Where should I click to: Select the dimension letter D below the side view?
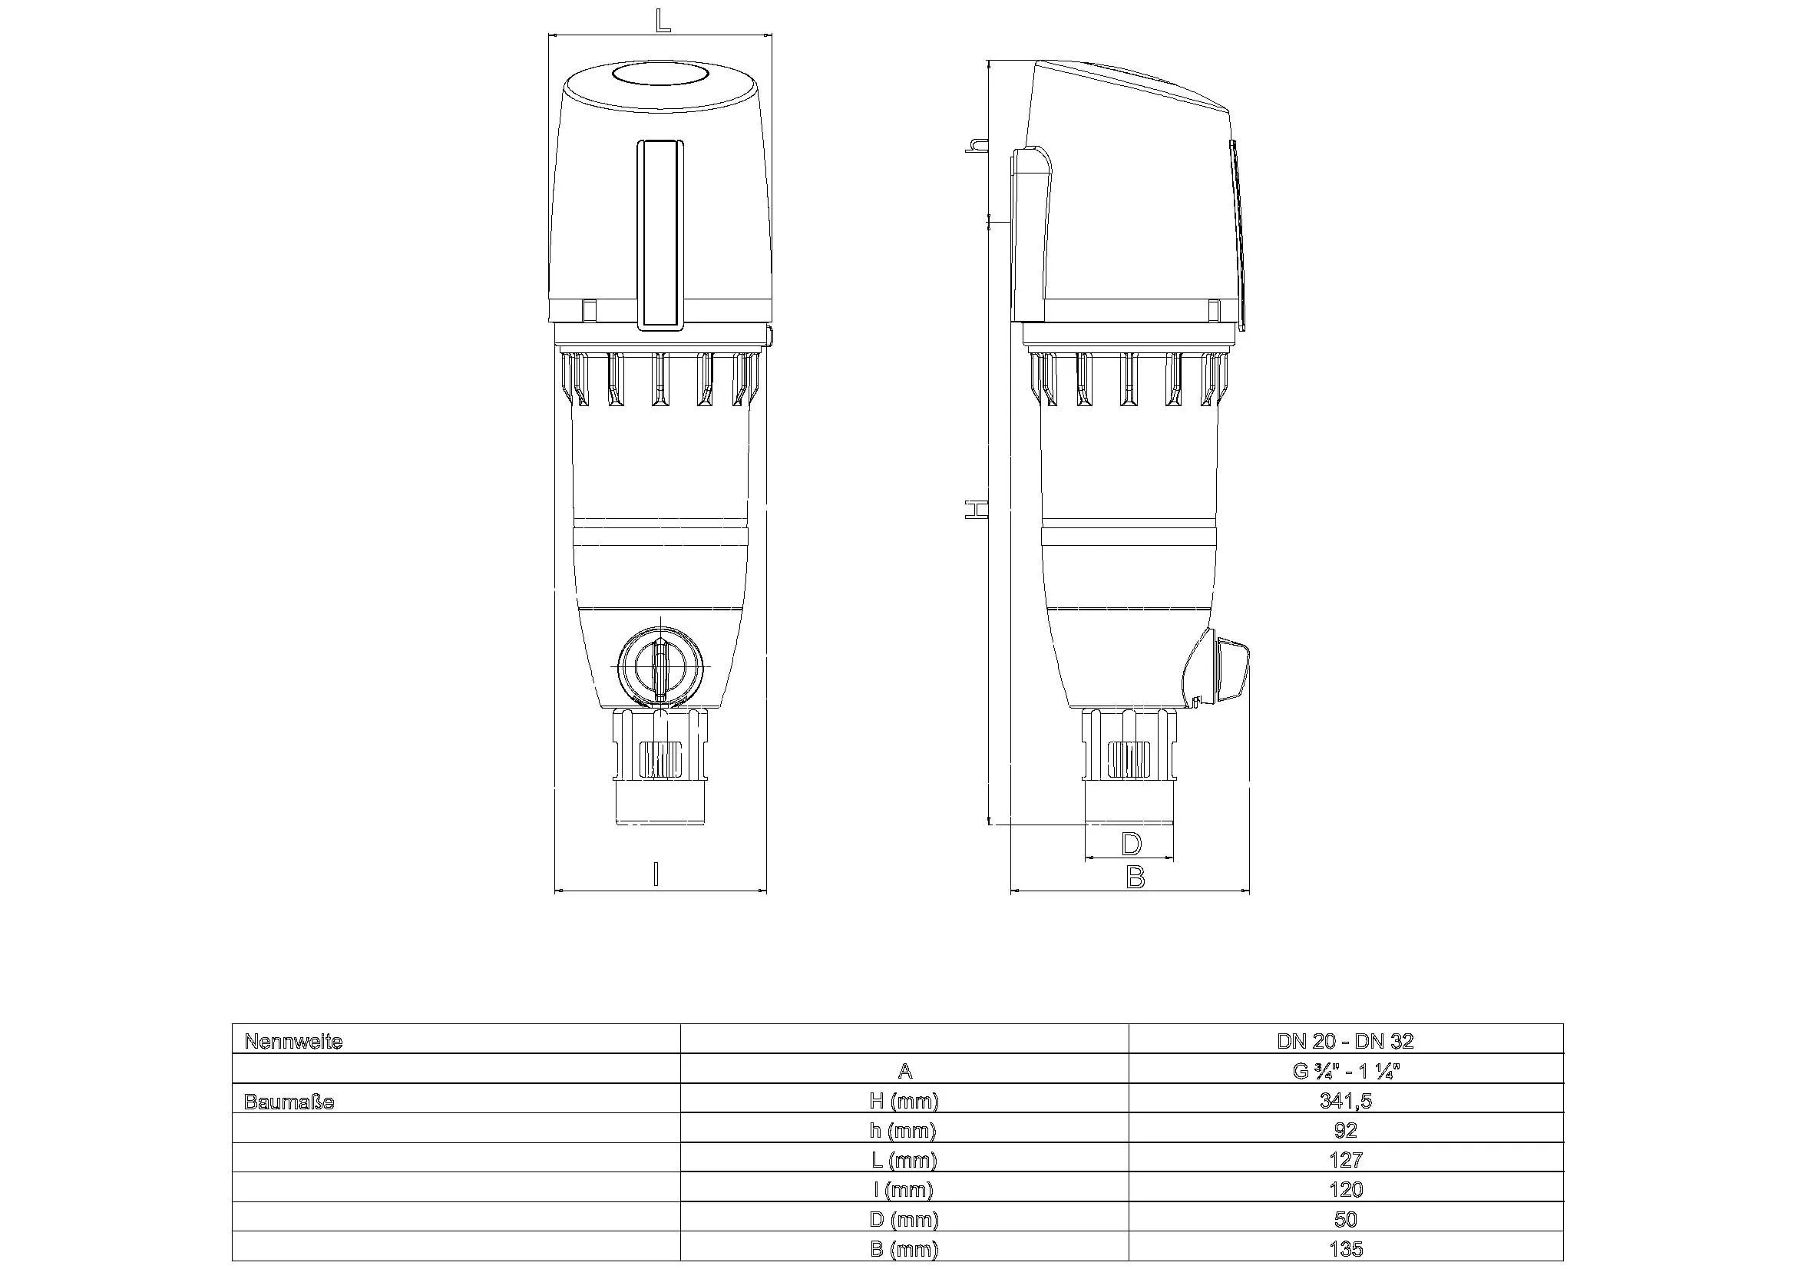(x=1131, y=844)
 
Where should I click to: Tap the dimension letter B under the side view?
(x=1135, y=877)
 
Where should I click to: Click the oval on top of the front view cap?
(x=660, y=76)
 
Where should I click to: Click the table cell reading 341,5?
(x=1344, y=1101)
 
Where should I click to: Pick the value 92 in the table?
(x=1344, y=1130)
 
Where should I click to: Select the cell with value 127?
(x=1344, y=1159)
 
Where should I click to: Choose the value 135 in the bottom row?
(x=1344, y=1250)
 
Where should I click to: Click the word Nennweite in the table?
(x=293, y=1042)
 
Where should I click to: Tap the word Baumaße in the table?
(x=289, y=1102)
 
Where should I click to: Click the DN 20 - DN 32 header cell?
(x=1344, y=1042)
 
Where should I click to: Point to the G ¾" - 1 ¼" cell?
(x=1344, y=1071)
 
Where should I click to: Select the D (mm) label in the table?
(x=904, y=1220)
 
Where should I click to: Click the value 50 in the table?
(x=1344, y=1220)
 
